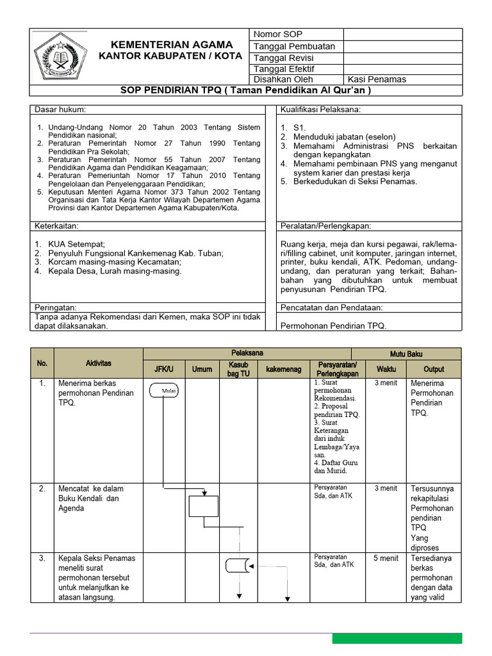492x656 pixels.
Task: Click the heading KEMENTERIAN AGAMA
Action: tap(172, 44)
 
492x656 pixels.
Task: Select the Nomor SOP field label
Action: tap(278, 34)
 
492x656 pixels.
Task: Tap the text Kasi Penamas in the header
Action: tap(377, 79)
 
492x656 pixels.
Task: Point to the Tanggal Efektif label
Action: tap(284, 69)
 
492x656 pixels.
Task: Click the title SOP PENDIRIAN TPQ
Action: tap(246, 90)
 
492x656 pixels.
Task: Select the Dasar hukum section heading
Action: tap(60, 110)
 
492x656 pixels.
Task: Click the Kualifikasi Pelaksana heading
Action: tap(320, 110)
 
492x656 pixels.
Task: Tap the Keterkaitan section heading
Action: tap(56, 226)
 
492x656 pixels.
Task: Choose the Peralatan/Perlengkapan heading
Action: tap(326, 226)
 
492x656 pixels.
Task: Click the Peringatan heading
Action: tap(56, 307)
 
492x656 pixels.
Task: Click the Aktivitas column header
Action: tap(98, 363)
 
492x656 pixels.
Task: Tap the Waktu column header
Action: tap(386, 370)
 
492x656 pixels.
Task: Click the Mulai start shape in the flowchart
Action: tap(165, 390)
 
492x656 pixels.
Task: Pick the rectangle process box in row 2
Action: tap(204, 506)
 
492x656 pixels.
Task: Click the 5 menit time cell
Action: tap(386, 559)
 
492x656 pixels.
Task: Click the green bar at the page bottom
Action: tap(397, 638)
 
